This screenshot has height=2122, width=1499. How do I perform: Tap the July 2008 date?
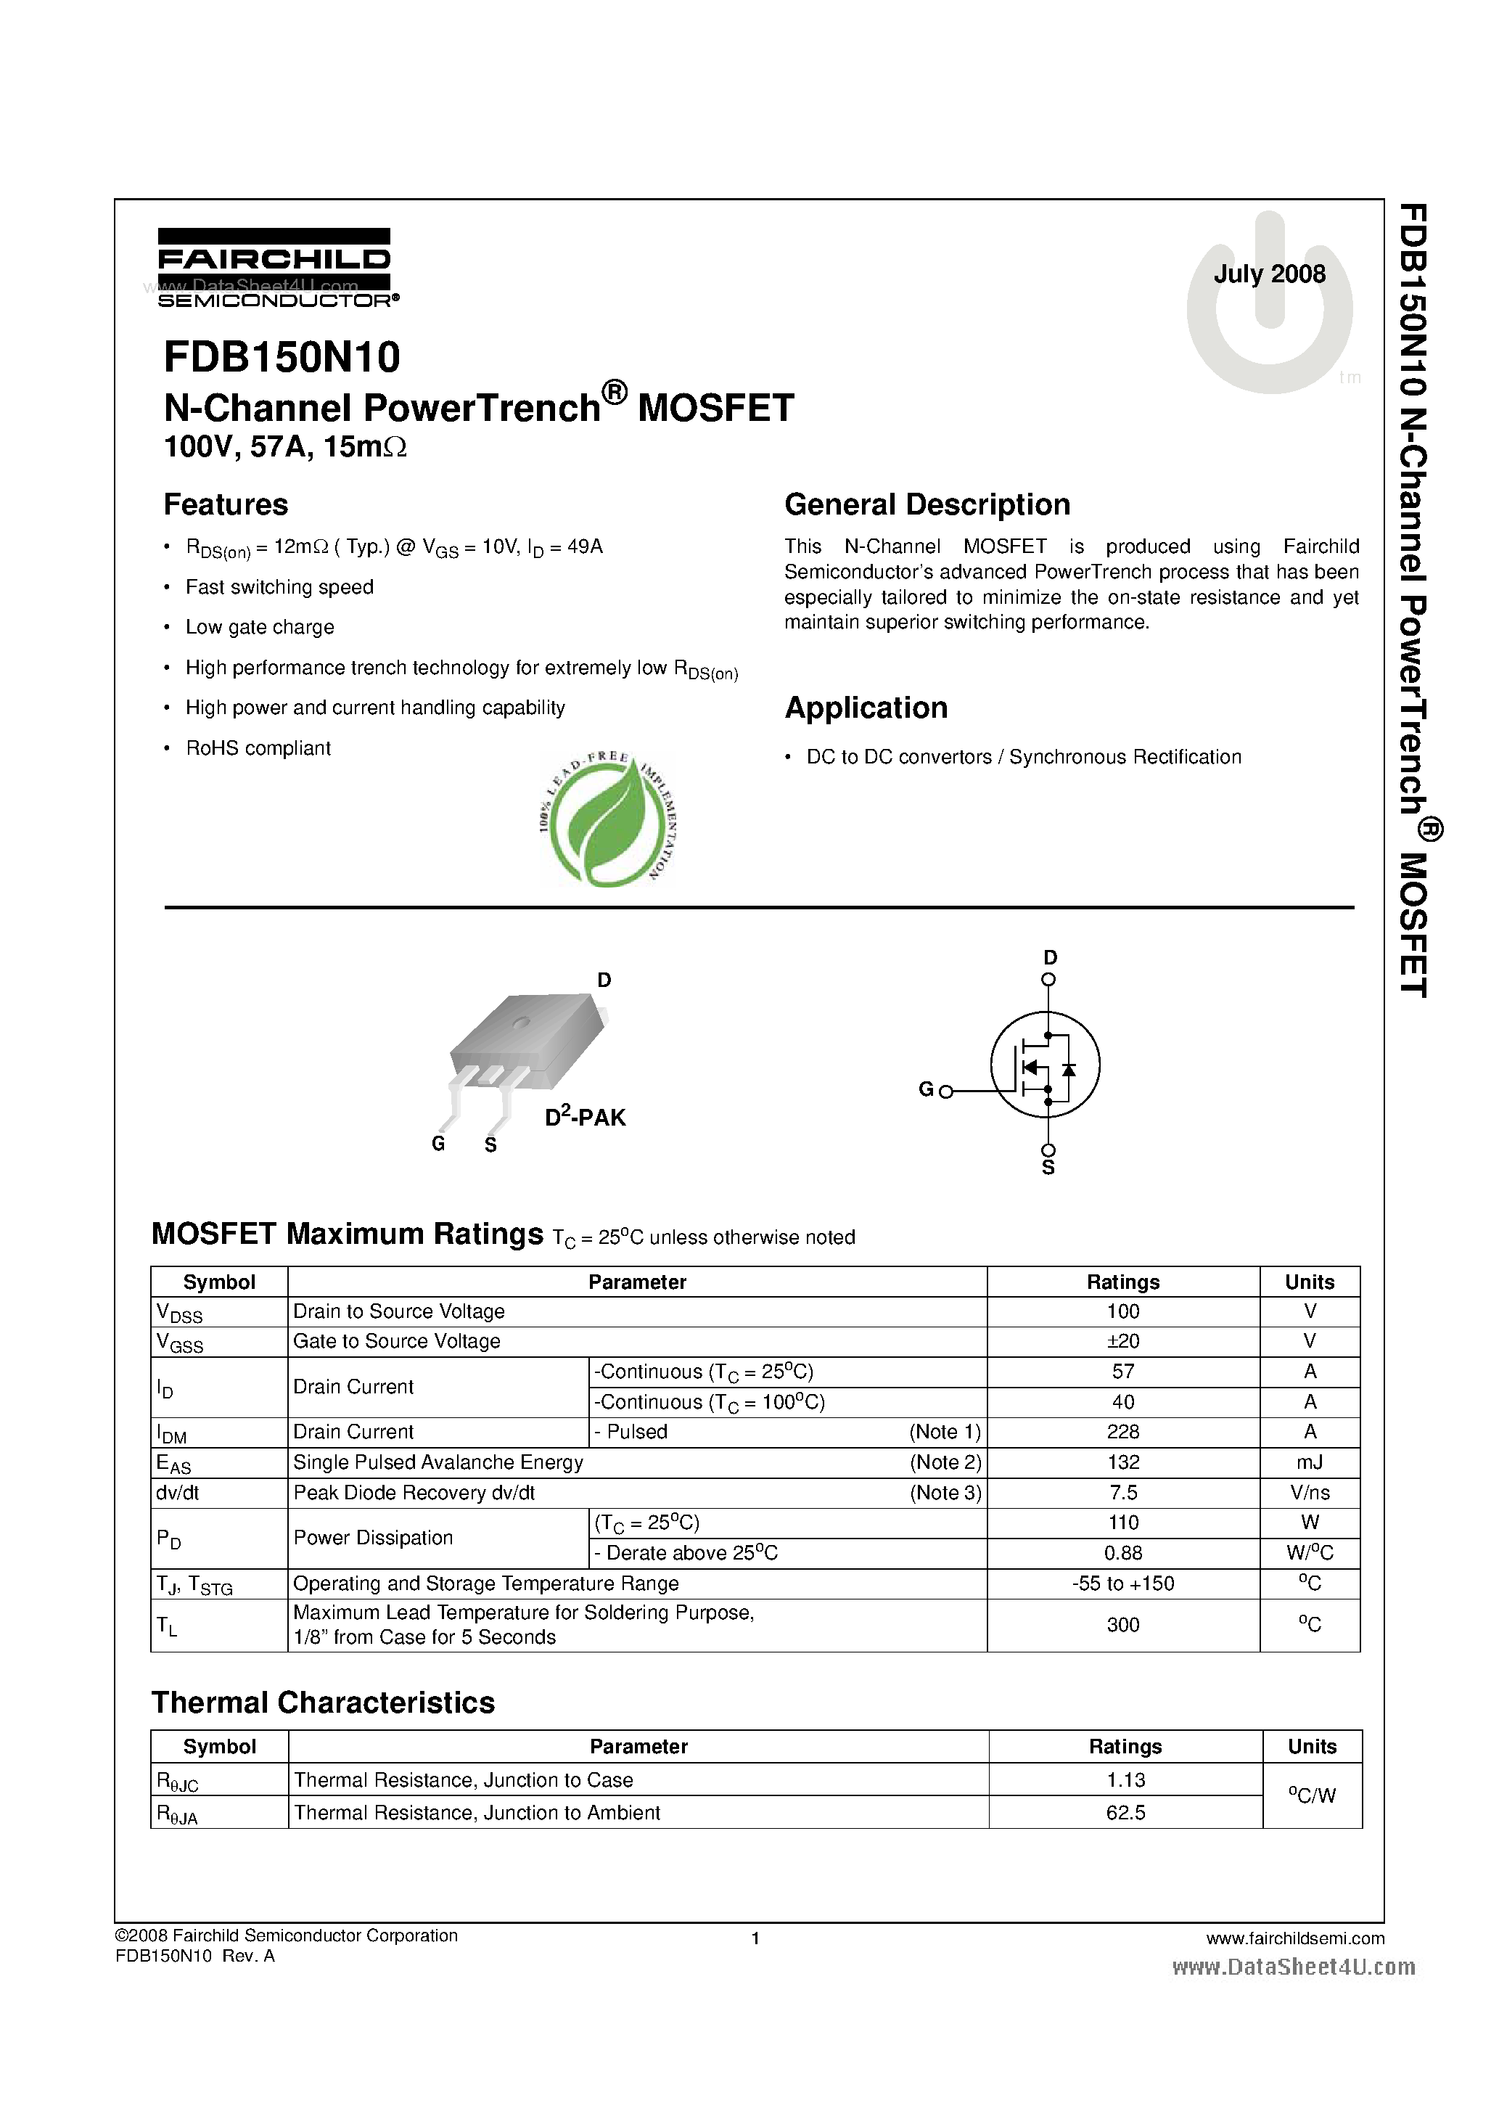click(x=1269, y=274)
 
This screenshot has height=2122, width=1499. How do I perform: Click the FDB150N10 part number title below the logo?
click(x=282, y=357)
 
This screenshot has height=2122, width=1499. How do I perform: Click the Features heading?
click(x=226, y=504)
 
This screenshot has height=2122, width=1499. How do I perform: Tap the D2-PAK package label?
click(x=584, y=1118)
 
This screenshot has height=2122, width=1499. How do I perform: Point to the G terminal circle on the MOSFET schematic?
click(x=945, y=1091)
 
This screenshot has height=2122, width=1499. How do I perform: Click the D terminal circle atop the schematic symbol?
click(x=1048, y=980)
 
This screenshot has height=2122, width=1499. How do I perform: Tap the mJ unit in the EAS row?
click(x=1309, y=1462)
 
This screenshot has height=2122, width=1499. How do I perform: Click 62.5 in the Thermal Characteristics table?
click(x=1125, y=1812)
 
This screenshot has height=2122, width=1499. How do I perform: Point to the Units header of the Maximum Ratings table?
click(x=1309, y=1282)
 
